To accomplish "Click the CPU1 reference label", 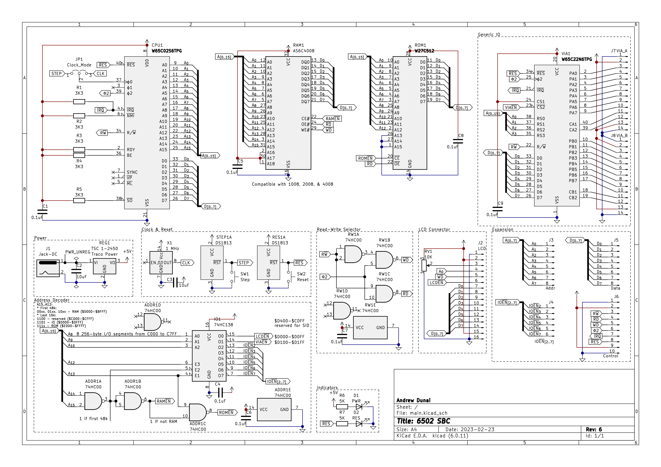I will tap(157, 45).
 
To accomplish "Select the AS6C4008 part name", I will tap(303, 51).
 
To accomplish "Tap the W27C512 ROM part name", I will tap(424, 51).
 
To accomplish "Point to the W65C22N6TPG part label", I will tap(577, 59).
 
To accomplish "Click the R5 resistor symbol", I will tap(79, 200).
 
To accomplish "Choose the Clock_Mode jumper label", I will tap(79, 65).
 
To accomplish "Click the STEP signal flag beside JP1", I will tap(56, 74).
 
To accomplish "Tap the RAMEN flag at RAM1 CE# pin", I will tap(332, 119).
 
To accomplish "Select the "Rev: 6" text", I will tap(594, 429).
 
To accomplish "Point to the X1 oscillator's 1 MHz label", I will tap(172, 248).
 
